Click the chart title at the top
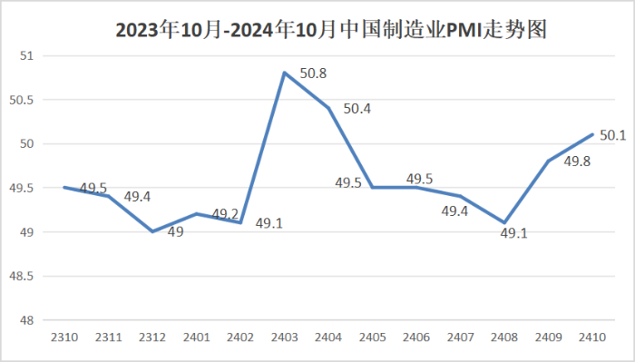[317, 31]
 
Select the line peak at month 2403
[285, 73]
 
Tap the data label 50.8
[313, 73]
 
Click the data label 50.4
[357, 109]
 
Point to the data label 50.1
[613, 135]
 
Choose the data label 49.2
[225, 214]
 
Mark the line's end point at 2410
[592, 134]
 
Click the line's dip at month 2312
[152, 231]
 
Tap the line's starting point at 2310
[64, 187]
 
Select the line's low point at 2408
[504, 222]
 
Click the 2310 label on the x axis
[64, 337]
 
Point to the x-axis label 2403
[285, 337]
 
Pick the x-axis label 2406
[416, 337]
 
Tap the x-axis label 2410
[592, 337]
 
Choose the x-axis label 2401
[197, 337]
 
